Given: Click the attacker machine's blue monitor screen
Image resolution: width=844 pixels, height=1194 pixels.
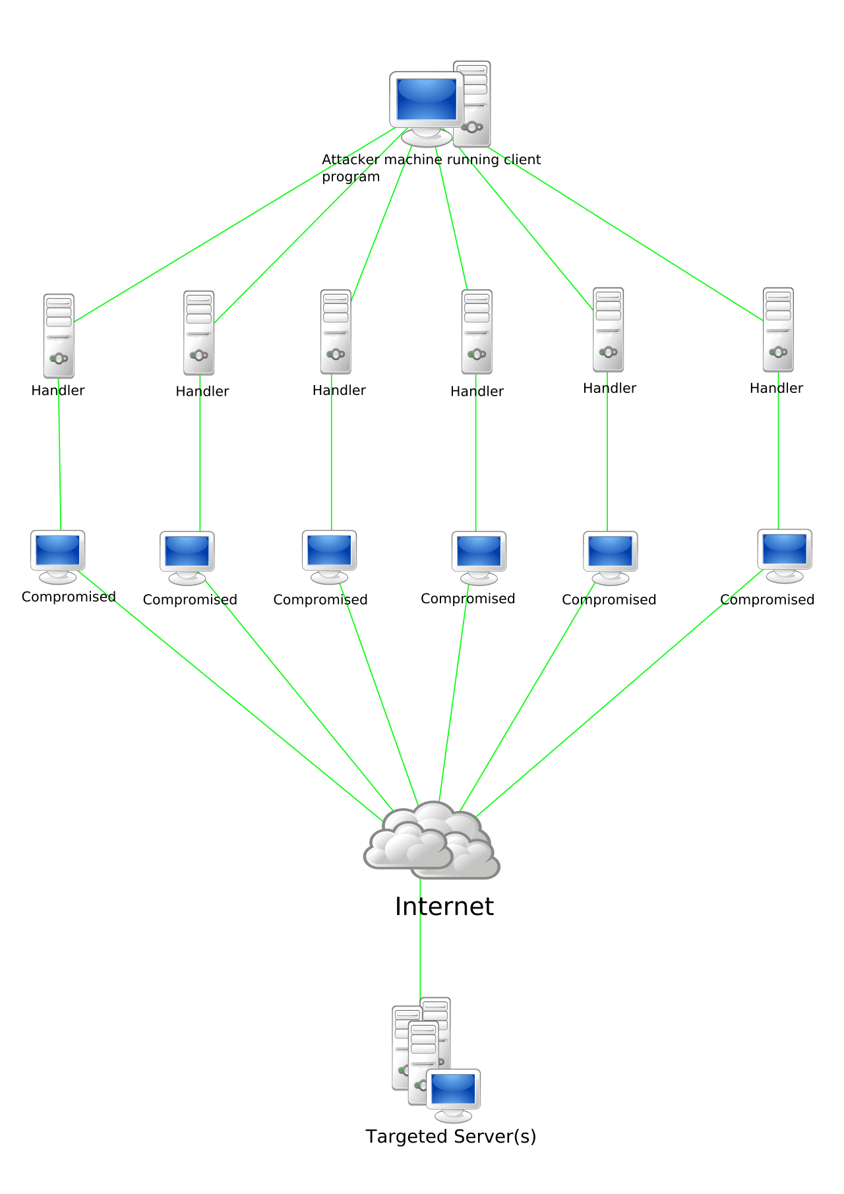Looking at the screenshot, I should click(427, 99).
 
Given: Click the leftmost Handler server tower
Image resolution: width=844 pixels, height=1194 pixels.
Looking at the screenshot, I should click(59, 336).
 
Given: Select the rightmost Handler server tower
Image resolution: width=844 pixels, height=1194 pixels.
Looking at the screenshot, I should click(778, 330).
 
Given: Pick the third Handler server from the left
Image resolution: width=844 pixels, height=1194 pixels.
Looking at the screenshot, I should click(336, 332).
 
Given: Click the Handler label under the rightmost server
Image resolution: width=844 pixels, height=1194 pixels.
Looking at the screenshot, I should click(776, 388).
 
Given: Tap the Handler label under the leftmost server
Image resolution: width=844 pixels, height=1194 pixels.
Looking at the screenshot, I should click(58, 390).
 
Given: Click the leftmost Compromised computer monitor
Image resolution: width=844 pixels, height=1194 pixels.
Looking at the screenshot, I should click(58, 551).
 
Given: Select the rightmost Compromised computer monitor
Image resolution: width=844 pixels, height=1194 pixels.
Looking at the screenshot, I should click(784, 550).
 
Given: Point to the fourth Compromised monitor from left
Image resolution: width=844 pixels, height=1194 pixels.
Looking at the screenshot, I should click(479, 552).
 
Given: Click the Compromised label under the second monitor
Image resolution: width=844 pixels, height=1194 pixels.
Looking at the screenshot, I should click(190, 600).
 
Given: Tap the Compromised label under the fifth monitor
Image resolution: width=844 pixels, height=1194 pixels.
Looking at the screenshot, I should click(609, 600).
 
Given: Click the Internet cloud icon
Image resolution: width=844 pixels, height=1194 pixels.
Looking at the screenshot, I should click(432, 841).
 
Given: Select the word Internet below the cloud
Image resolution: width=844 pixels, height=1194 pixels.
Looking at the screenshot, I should click(444, 907).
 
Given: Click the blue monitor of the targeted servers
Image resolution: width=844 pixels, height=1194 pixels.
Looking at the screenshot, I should click(453, 1089).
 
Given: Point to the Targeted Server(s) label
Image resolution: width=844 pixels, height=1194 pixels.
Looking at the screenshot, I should click(450, 1137).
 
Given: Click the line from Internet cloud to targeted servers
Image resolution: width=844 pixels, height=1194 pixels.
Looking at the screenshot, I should click(420, 956).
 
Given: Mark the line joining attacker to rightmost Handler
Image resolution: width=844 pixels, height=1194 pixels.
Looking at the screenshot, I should click(626, 234).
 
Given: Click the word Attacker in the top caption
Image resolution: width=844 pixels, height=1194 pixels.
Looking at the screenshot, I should click(350, 160).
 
